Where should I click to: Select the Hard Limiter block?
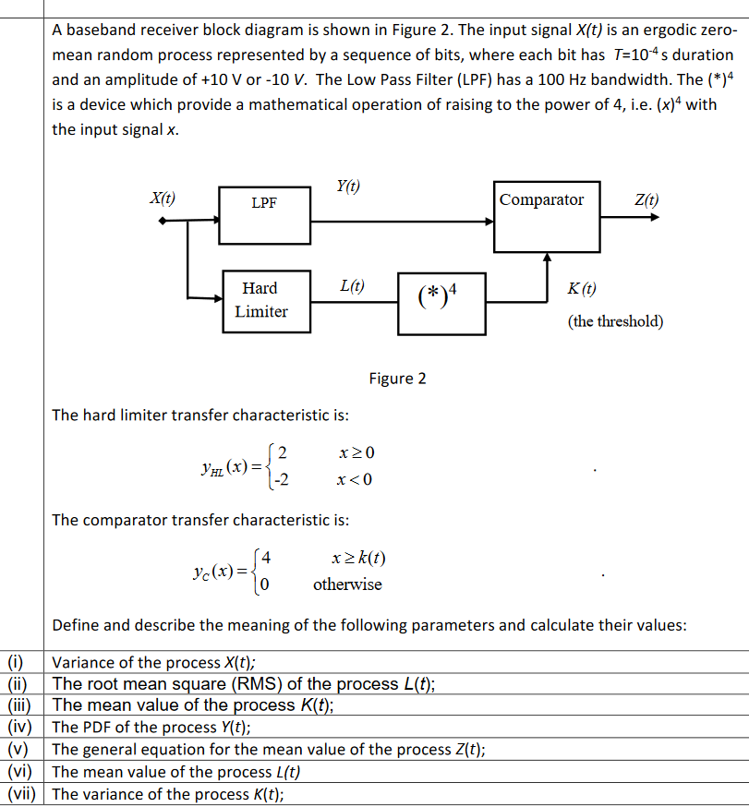(x=264, y=300)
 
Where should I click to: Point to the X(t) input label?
(x=163, y=198)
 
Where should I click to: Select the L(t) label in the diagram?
(x=352, y=287)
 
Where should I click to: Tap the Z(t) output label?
(x=646, y=199)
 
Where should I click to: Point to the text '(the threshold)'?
(x=615, y=321)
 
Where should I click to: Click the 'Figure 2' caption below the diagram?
(x=397, y=379)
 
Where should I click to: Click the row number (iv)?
(x=18, y=728)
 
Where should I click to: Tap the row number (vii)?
(x=21, y=794)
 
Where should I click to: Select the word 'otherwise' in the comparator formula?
(x=346, y=584)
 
